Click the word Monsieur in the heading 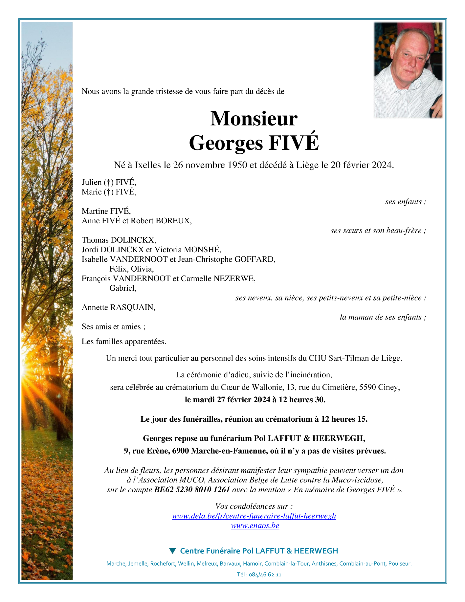coord(254,119)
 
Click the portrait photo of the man coord(408,70)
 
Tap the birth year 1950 coord(237,165)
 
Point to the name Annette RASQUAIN coord(118,307)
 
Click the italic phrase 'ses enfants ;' coord(406,202)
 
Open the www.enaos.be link coord(255,525)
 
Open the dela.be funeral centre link coord(254,516)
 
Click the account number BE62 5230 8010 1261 coord(192,490)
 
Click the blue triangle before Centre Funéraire coord(172,551)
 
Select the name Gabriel coord(122,288)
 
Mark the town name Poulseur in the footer coord(400,564)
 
